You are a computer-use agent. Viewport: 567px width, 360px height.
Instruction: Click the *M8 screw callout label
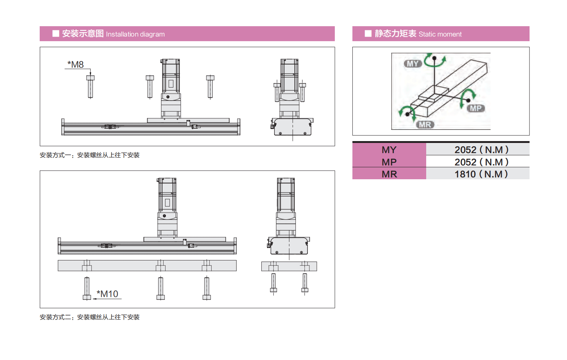coord(76,64)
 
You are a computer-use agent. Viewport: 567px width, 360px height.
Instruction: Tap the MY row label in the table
coord(389,150)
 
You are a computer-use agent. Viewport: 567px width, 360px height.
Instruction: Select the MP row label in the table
coord(389,162)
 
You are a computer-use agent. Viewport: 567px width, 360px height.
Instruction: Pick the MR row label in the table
coord(389,174)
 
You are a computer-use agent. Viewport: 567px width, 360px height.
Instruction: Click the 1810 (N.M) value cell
coord(481,174)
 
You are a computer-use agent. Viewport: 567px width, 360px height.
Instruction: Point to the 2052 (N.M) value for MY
coord(481,150)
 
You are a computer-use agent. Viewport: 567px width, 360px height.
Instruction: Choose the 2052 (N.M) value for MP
coord(481,162)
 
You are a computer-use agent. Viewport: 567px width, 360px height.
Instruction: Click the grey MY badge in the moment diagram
coord(413,64)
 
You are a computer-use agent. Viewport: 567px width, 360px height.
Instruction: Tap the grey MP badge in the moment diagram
coord(476,108)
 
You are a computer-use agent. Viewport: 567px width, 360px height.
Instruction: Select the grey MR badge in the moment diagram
coord(425,125)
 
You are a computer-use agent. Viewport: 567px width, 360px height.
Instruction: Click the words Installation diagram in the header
coord(135,34)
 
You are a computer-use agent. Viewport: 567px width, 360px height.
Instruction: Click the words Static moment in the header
coord(440,34)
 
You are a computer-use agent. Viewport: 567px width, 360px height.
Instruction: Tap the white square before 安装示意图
coord(56,34)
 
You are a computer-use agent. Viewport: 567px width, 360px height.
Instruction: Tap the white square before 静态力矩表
coord(368,34)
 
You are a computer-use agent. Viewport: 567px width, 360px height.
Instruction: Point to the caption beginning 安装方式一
coord(90,155)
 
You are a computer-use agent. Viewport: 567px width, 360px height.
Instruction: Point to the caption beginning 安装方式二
coord(90,317)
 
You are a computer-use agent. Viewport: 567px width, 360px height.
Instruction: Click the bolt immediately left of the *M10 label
coord(87,288)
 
